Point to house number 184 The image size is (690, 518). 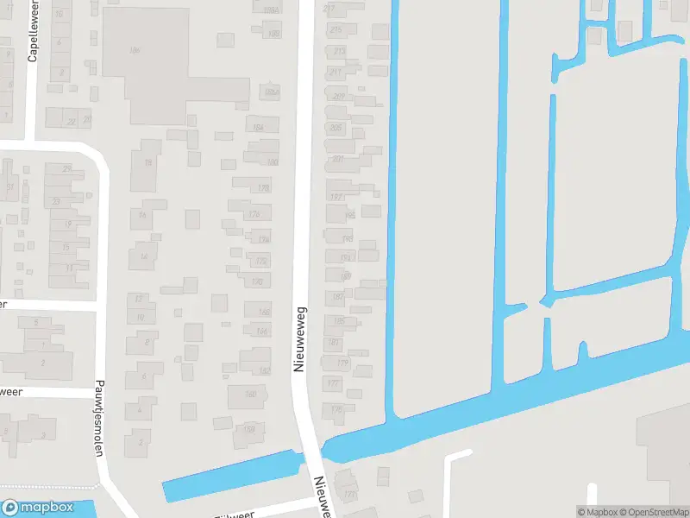point(258,128)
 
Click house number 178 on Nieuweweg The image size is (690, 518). point(263,187)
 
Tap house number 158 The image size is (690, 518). point(249,429)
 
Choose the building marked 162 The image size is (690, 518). point(264,370)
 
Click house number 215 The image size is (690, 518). point(336,30)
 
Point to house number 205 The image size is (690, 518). point(336,128)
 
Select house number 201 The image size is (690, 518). point(337,159)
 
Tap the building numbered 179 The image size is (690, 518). point(342,363)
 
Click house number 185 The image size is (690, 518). point(339,321)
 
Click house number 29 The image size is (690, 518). point(66,168)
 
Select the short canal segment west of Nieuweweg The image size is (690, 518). point(230,476)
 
